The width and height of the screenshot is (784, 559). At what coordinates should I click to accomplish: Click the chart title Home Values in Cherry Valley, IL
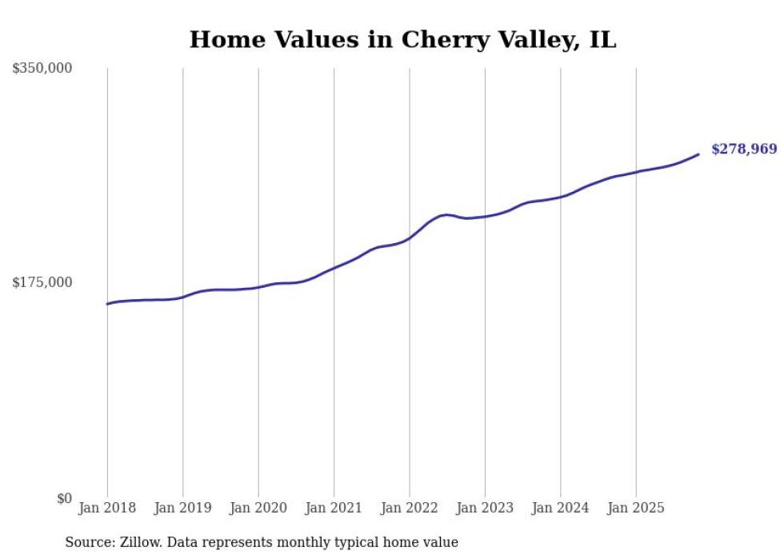[x=402, y=40]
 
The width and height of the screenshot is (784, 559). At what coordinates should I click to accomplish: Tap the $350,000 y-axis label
[x=42, y=69]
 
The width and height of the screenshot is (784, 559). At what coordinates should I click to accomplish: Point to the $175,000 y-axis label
[x=42, y=282]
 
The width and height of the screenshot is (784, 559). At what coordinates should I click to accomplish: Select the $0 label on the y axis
[x=64, y=498]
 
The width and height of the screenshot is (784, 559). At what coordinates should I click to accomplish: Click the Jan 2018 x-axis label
[x=107, y=508]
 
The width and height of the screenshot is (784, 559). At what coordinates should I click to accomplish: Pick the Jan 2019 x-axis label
[x=182, y=508]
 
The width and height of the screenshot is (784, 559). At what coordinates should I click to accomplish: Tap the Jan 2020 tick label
[x=258, y=508]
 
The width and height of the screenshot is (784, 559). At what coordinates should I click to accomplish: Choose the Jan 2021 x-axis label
[x=334, y=508]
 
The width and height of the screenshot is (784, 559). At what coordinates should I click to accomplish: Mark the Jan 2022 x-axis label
[x=410, y=508]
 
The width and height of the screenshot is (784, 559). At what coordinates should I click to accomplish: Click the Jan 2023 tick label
[x=485, y=508]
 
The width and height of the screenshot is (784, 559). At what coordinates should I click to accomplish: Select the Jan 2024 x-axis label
[x=561, y=508]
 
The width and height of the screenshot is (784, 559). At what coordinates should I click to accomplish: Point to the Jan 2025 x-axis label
[x=636, y=508]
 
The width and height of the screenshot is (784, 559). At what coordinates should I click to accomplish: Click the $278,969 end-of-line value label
[x=743, y=149]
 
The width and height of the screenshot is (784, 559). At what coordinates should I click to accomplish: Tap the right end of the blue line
[x=698, y=154]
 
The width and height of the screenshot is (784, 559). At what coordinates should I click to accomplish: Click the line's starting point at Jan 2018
[x=107, y=304]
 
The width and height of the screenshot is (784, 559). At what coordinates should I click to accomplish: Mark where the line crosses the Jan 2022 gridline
[x=410, y=237]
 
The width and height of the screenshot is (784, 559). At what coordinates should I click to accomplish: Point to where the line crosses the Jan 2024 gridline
[x=561, y=196]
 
